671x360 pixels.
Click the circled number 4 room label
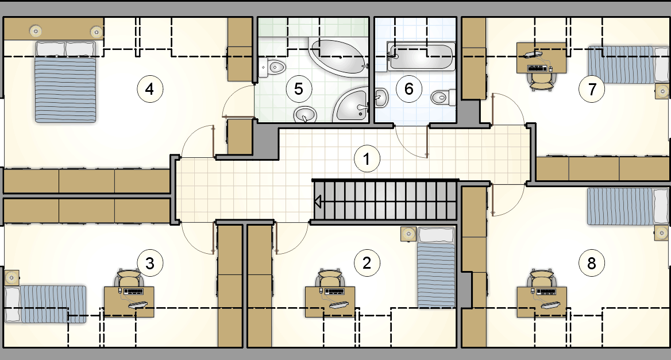(x=150, y=89)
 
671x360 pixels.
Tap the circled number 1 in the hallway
(x=367, y=159)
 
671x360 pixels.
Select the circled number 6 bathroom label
(x=409, y=89)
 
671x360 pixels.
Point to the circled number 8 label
(x=591, y=263)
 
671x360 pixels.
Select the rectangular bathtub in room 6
(x=421, y=56)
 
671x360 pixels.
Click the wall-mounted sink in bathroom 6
(x=381, y=98)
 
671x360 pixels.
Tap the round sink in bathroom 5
(x=305, y=115)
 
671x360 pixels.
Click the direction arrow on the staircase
(x=318, y=202)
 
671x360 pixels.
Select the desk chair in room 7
(x=542, y=81)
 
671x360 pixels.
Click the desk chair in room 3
(x=129, y=278)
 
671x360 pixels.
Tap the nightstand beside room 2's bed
(x=408, y=234)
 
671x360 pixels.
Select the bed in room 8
(x=627, y=207)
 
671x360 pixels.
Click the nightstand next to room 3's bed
(x=11, y=277)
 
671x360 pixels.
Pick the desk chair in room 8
(x=541, y=278)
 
